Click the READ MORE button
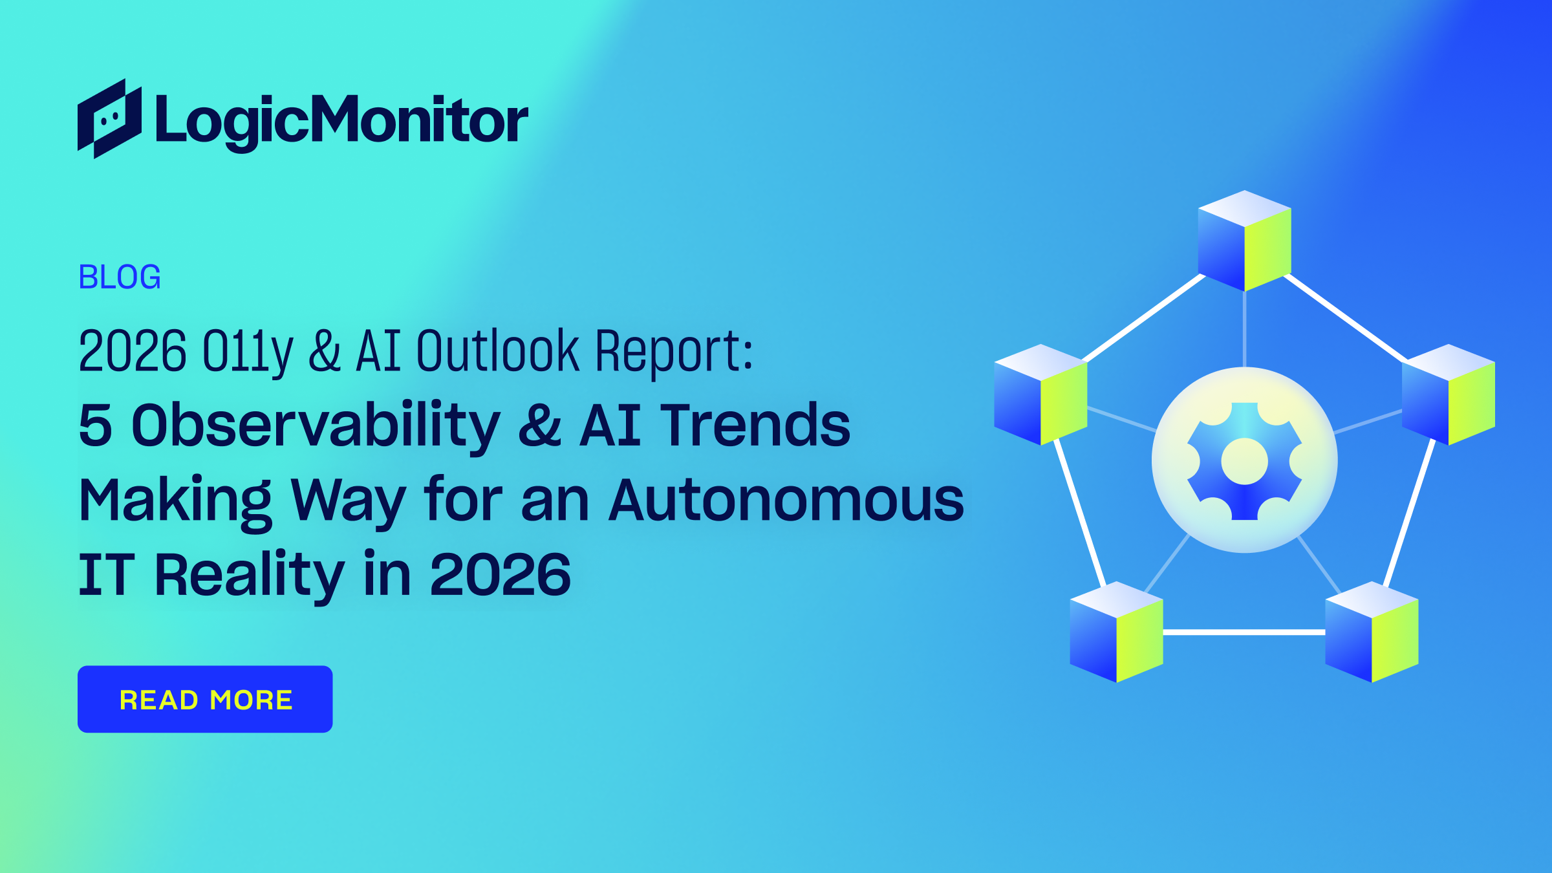pos(205,699)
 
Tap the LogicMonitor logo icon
pos(109,119)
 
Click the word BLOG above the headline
pos(120,277)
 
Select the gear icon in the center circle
pos(1244,461)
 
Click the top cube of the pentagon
pos(1244,241)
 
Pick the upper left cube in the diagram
pos(1040,394)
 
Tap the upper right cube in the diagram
pos(1448,394)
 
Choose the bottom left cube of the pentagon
pos(1116,632)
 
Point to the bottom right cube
pos(1372,632)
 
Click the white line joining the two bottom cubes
pos(1244,632)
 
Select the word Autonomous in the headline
pos(786,500)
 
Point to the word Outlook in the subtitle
pos(497,351)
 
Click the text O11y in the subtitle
pos(248,351)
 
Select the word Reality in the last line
pos(250,574)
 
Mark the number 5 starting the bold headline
pos(95,425)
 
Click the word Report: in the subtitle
pos(674,351)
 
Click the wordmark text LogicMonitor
pos(341,120)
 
